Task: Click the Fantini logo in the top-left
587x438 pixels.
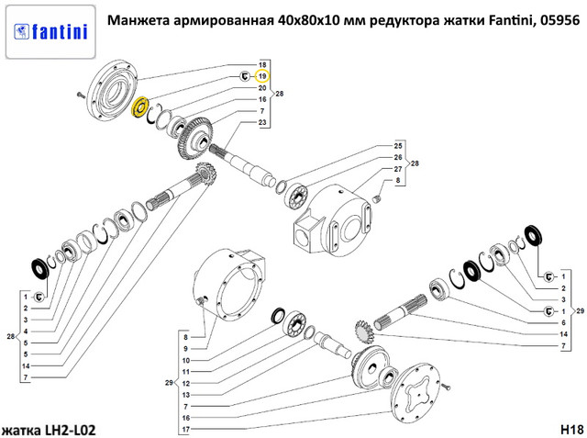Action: coord(50,32)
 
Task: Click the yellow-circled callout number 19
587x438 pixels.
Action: coord(262,76)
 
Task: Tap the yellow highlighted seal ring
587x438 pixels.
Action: coord(140,107)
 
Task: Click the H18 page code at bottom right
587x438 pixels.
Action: coord(572,429)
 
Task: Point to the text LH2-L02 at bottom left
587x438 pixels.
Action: coord(71,430)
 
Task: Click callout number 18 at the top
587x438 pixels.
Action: coord(262,65)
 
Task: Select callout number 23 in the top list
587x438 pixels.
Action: coord(262,122)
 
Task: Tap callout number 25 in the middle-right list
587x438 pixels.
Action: coord(398,146)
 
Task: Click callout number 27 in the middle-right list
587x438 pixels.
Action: coord(398,169)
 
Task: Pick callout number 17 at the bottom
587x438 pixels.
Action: coord(186,430)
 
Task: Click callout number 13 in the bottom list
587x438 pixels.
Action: coord(186,395)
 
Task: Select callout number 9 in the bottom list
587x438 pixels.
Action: coord(185,348)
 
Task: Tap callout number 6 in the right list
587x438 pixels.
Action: coord(563,322)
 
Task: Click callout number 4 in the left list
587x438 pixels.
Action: coord(26,331)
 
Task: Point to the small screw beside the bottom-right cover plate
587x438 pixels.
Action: coord(445,387)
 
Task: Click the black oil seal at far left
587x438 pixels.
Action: coord(39,269)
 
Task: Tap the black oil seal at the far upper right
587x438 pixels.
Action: coord(534,235)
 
